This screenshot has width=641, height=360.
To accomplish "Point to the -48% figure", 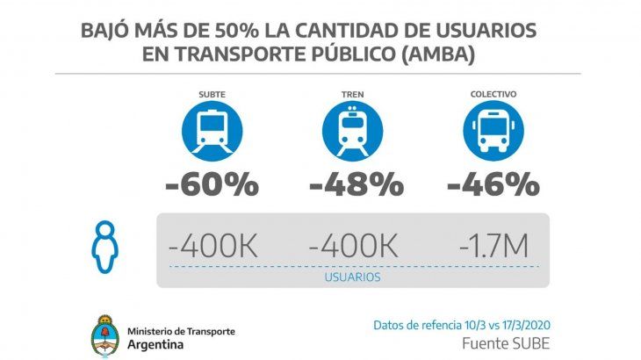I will pos(355,184).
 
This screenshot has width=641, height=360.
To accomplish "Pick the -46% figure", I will pos(493,184).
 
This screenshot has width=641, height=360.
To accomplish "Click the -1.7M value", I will pos(493,246).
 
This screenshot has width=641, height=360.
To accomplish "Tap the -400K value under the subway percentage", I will pos(214,246).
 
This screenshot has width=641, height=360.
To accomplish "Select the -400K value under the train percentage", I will pos(354,246).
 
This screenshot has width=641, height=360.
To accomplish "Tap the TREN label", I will pos(353,94).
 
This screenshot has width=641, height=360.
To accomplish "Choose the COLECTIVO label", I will pos(493,94).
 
